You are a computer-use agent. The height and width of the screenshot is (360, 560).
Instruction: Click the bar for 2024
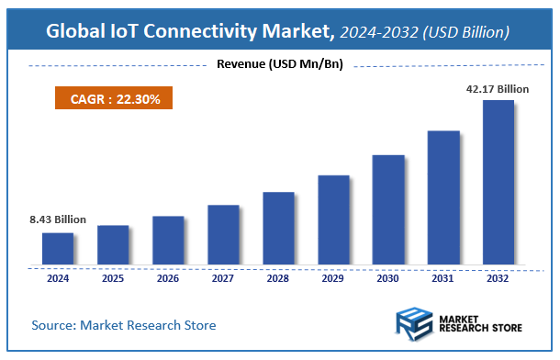[x=57, y=248]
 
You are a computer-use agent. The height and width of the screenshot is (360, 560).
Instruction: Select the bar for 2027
[x=223, y=234]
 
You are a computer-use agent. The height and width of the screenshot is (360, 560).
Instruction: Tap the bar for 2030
[x=388, y=209]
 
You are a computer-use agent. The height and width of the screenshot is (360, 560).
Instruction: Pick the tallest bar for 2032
[x=498, y=182]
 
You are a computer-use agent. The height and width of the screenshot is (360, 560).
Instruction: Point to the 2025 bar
[x=112, y=244]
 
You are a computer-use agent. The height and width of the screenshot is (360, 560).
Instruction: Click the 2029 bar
[x=333, y=219]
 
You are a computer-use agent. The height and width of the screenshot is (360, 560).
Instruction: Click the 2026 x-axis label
[x=168, y=277]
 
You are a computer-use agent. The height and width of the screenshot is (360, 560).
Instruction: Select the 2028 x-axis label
[x=278, y=277]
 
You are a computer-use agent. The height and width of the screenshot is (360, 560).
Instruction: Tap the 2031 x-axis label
[x=443, y=277]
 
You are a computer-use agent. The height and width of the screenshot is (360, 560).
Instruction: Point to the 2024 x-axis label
[x=57, y=277]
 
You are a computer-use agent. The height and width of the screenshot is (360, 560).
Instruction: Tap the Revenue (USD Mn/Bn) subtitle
[x=279, y=64]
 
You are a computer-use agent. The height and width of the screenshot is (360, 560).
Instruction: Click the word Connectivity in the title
[x=219, y=32]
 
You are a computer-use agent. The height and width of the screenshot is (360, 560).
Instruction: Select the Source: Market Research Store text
[x=124, y=325]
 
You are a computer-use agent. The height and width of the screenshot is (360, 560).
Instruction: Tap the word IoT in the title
[x=129, y=32]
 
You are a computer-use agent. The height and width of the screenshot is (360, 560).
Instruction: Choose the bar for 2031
[x=443, y=197]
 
